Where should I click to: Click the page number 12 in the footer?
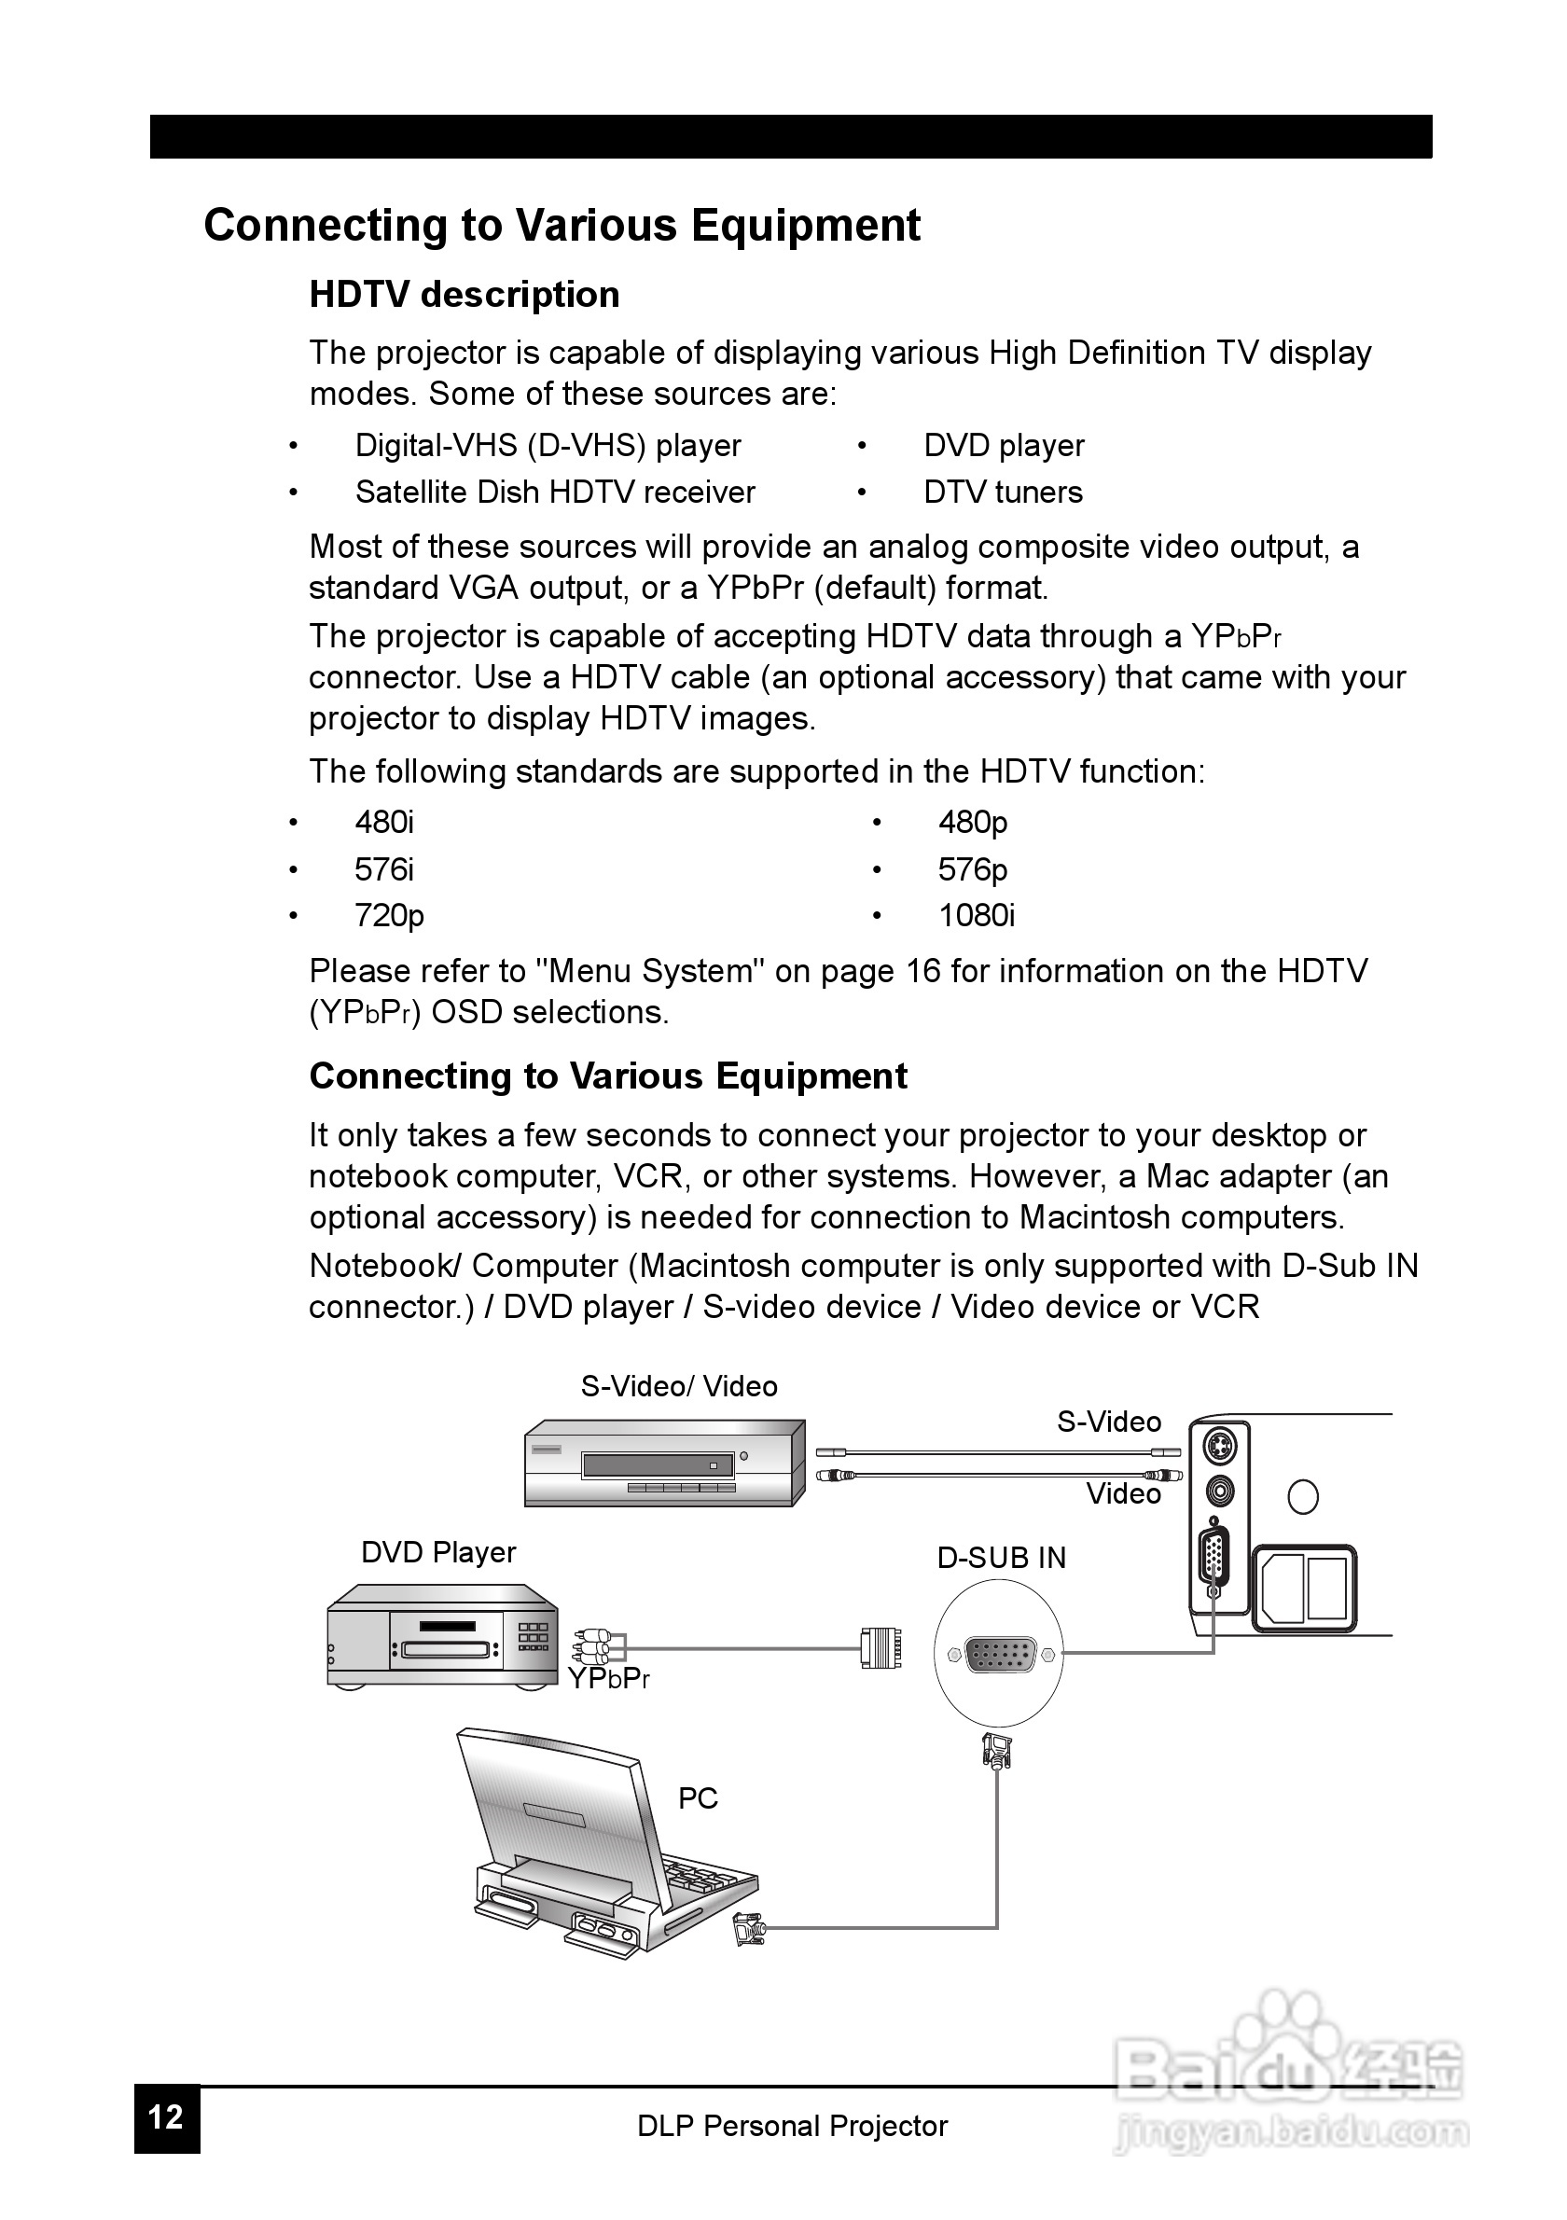pos(166,2117)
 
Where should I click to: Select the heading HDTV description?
pos(464,294)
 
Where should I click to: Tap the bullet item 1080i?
pos(977,915)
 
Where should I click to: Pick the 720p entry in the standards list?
pos(389,915)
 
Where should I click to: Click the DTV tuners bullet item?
pos(1003,493)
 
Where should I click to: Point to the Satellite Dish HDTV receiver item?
pos(555,493)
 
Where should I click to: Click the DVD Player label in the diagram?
pos(437,1552)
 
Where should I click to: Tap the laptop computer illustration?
pos(600,1847)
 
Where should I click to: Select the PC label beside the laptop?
pos(698,1798)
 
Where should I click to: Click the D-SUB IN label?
pos(1002,1558)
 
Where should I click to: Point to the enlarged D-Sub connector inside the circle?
pos(1000,1655)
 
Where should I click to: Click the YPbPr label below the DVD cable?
pos(608,1679)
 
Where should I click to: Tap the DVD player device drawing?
pos(442,1636)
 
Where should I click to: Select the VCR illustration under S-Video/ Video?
pos(663,1464)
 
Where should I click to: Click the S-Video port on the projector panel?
pos(1220,1448)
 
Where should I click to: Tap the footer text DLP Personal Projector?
pos(792,2126)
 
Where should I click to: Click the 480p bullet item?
pos(973,822)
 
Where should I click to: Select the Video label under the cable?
pos(1123,1494)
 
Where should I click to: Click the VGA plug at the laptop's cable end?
pos(748,1928)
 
